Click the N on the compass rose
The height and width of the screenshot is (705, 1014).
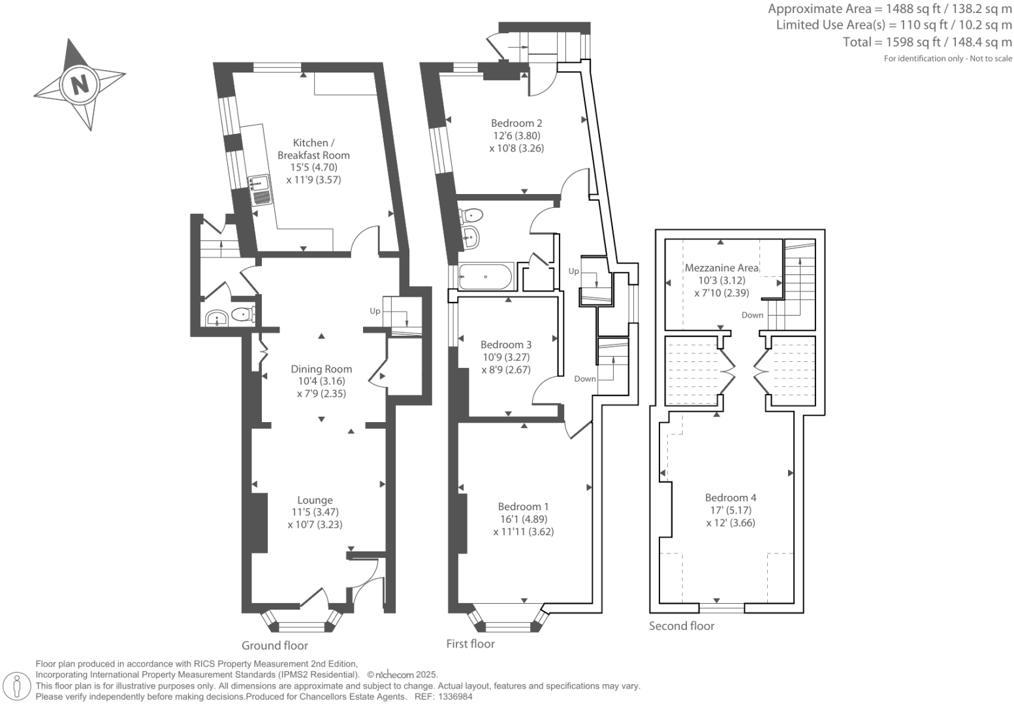(x=80, y=84)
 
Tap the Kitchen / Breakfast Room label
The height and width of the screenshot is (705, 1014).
(x=313, y=149)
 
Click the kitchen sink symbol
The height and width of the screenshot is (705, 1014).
(x=261, y=189)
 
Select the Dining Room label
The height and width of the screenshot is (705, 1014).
(x=321, y=369)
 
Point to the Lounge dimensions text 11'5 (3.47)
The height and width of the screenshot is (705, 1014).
(x=315, y=512)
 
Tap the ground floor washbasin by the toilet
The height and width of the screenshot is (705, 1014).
(x=216, y=319)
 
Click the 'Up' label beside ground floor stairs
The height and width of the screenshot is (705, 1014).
(x=375, y=311)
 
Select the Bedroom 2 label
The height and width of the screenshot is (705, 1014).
(x=516, y=123)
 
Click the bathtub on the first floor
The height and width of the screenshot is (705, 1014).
(x=485, y=277)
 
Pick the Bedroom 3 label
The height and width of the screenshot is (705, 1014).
(x=506, y=344)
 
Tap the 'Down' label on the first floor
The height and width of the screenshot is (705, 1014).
(x=585, y=379)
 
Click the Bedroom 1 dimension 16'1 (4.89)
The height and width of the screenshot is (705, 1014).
(x=523, y=519)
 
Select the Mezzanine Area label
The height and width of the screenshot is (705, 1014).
(x=721, y=268)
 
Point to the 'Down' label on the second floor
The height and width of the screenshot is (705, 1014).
(x=752, y=315)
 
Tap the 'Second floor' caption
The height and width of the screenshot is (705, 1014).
(x=682, y=626)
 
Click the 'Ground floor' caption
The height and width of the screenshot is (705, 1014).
(x=275, y=646)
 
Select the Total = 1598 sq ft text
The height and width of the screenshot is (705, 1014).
(x=927, y=42)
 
